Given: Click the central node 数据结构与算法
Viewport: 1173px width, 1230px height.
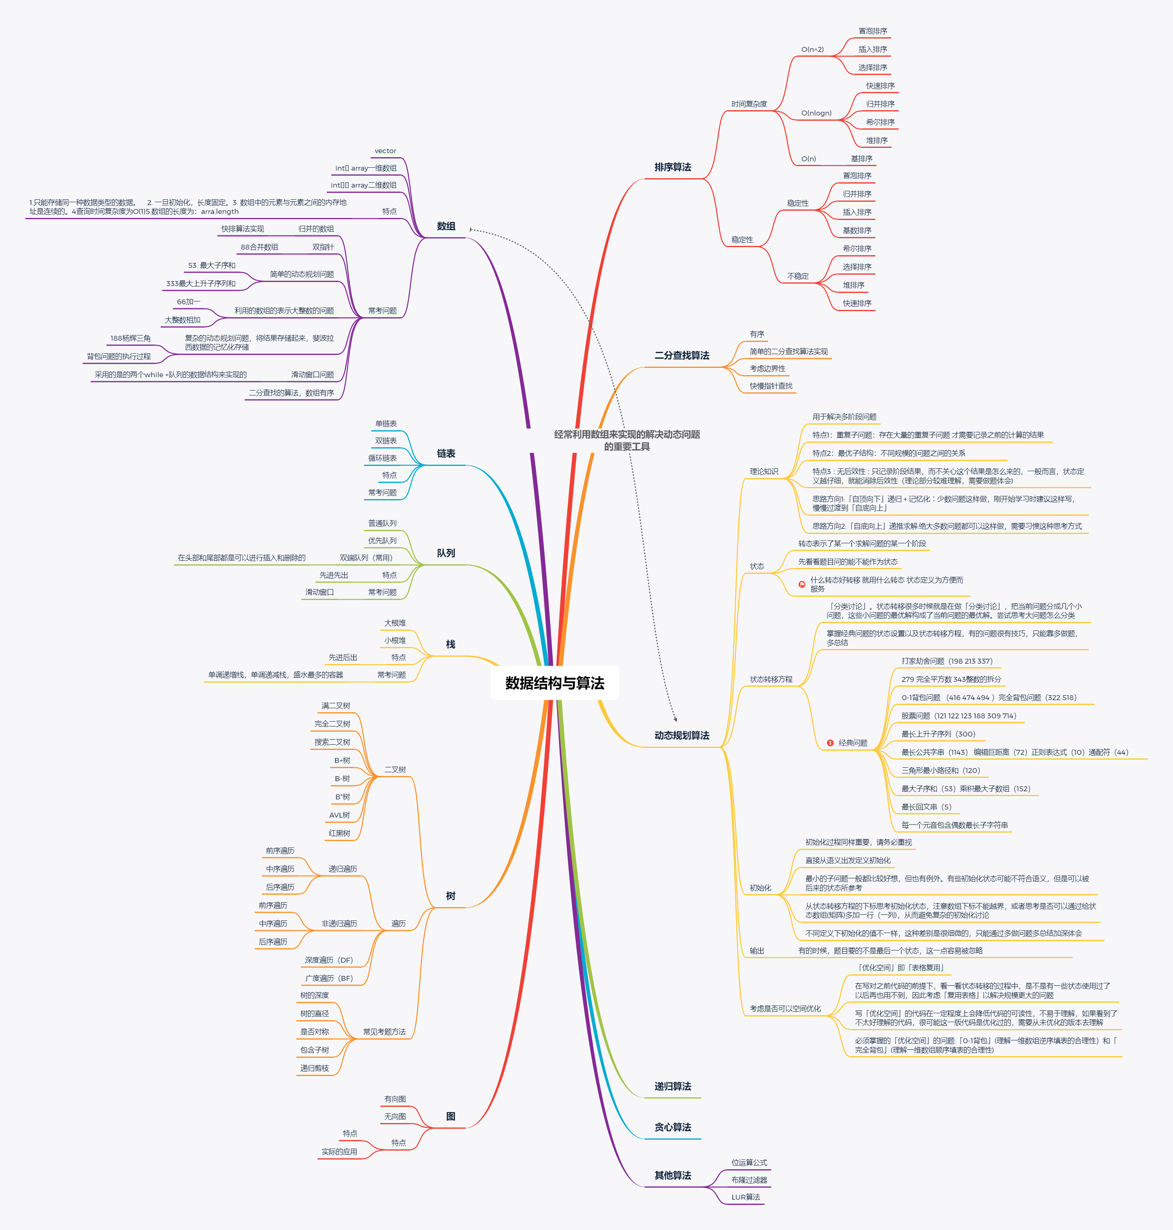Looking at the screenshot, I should click(555, 683).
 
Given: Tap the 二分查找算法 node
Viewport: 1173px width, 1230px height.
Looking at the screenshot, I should click(681, 355).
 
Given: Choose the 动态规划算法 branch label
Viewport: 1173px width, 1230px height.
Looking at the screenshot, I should click(681, 735).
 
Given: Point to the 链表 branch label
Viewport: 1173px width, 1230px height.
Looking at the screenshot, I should click(446, 454).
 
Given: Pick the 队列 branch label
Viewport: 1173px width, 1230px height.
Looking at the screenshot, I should click(446, 553).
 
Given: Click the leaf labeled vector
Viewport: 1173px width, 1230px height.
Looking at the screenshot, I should click(385, 151).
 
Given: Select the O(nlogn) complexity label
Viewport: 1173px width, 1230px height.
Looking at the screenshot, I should click(816, 113).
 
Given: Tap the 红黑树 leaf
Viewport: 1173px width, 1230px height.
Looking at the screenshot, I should click(340, 833).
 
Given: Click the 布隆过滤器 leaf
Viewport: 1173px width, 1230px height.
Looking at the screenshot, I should click(749, 1180).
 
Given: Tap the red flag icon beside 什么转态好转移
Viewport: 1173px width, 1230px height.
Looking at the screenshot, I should click(802, 584).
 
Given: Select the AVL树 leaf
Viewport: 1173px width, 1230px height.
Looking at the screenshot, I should click(340, 815).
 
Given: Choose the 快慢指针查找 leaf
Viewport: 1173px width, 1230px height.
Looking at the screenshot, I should click(771, 386).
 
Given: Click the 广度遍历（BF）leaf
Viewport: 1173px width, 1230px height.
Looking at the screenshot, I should click(329, 978).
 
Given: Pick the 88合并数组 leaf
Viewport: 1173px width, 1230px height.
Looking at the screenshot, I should click(260, 247).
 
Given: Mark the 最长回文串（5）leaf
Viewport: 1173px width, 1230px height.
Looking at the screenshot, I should click(926, 807).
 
